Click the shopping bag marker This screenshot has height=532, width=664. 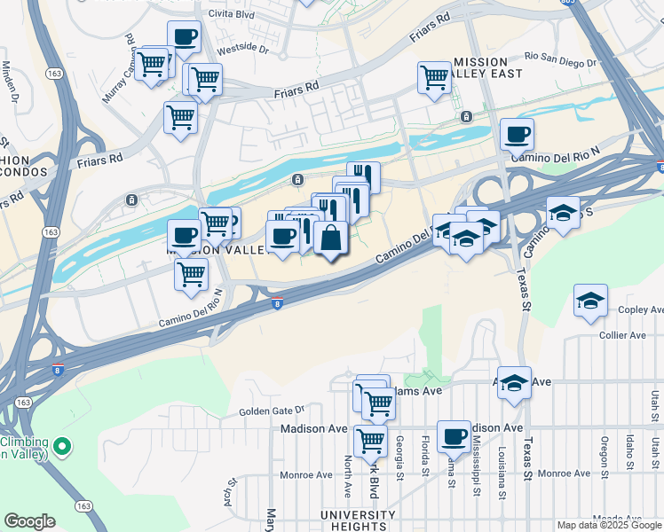coord(330,239)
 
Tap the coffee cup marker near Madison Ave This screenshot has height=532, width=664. coord(454,436)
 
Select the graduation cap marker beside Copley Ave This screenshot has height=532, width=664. coord(590,301)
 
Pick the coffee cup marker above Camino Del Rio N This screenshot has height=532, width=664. coord(517,135)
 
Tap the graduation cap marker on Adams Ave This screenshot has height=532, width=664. coord(514,382)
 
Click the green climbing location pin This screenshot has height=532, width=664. coord(61,445)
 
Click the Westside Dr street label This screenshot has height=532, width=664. coord(242,50)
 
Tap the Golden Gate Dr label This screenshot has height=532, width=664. coord(272,411)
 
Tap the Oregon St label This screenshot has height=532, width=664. coord(604,456)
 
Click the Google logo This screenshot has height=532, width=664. coord(29,521)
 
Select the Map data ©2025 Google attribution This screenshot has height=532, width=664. coord(609,525)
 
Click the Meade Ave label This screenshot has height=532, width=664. coord(616,519)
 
